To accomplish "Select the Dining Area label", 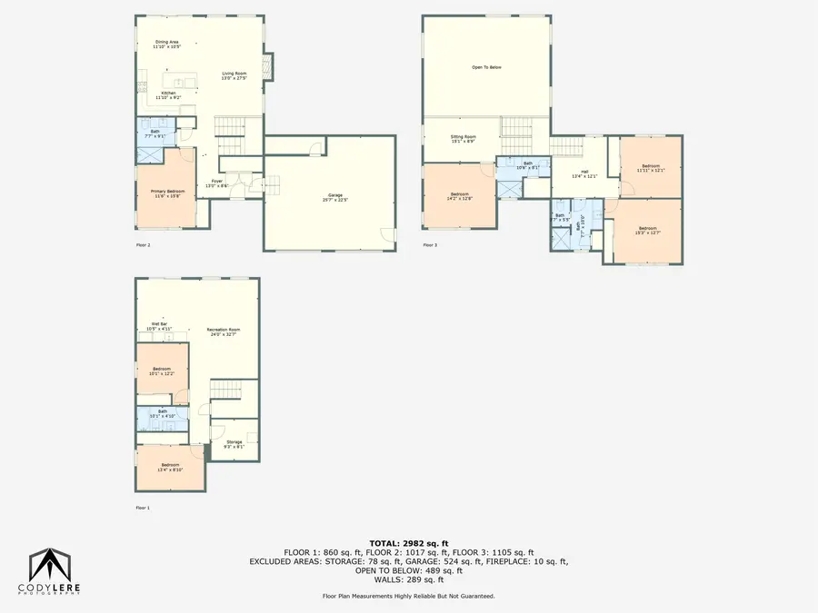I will pyautogui.click(x=166, y=44).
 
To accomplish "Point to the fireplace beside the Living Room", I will pyautogui.click(x=265, y=65).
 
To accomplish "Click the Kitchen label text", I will pyautogui.click(x=168, y=94).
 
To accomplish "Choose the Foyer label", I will pyautogui.click(x=217, y=183).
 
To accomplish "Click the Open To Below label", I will pyautogui.click(x=486, y=67).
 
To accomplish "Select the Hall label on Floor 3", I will pyautogui.click(x=585, y=173).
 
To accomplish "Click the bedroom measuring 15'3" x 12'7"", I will pyautogui.click(x=647, y=231).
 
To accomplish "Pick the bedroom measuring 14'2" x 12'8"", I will pyautogui.click(x=459, y=195).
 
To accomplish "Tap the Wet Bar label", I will pyautogui.click(x=159, y=325).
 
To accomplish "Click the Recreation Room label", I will pyautogui.click(x=222, y=331).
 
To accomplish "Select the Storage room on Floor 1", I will pyautogui.click(x=234, y=444).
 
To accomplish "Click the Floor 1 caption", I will pyautogui.click(x=143, y=508).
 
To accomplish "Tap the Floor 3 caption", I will pyautogui.click(x=430, y=244).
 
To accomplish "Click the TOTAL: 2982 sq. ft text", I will pyautogui.click(x=408, y=542).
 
